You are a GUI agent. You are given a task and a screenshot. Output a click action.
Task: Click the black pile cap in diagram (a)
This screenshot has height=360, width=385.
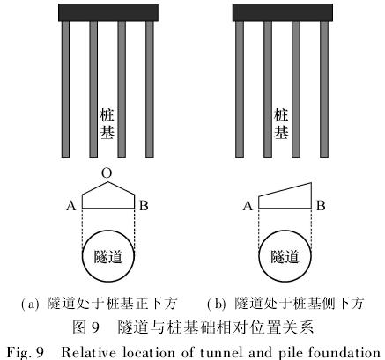[x=108, y=12]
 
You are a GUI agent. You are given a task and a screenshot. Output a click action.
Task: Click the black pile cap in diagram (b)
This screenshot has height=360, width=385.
[x=283, y=12]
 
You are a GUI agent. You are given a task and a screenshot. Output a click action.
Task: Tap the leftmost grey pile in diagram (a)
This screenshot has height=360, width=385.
[x=65, y=89]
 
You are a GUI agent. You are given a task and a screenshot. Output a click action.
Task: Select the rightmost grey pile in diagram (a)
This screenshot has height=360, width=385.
[x=150, y=89]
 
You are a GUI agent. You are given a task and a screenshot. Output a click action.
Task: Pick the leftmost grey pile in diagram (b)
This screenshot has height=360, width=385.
[x=240, y=89]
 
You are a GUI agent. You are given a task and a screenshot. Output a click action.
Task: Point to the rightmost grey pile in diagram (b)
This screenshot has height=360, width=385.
[x=324, y=89]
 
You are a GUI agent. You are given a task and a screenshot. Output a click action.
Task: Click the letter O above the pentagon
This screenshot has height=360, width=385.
[x=107, y=173]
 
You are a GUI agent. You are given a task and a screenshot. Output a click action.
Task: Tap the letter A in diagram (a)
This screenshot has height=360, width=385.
[x=71, y=206]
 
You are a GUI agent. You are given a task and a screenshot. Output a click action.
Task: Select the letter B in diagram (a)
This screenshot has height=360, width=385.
[x=144, y=206]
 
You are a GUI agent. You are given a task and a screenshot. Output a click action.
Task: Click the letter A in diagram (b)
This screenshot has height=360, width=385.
[x=248, y=206]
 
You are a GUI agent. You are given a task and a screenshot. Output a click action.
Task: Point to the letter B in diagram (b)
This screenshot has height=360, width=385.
[x=321, y=206]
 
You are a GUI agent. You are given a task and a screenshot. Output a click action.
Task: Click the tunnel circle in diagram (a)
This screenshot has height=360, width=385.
[x=82, y=256]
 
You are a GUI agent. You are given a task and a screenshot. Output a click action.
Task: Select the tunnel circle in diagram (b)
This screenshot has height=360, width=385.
[x=259, y=256]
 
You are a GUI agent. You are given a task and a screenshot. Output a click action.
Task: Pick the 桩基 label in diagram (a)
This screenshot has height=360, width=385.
[x=107, y=123]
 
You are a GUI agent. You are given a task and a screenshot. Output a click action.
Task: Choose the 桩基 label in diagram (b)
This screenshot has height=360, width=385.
[x=281, y=123]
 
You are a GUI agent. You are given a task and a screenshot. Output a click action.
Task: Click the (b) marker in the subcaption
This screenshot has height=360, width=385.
[x=217, y=304]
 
